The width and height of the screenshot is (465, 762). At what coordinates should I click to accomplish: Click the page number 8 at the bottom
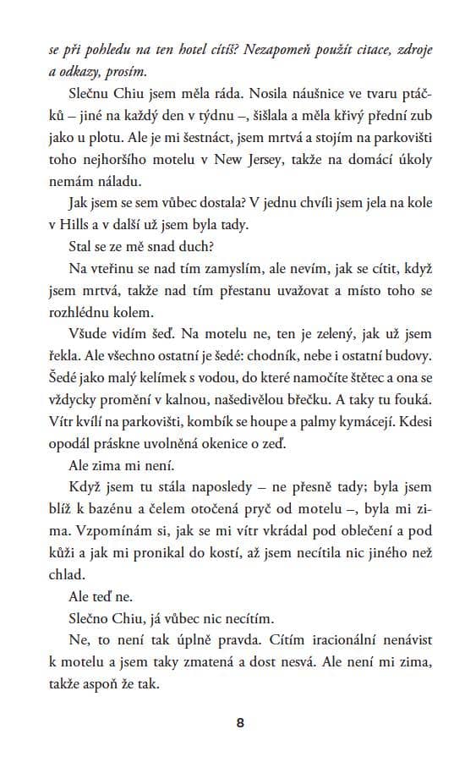241,721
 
